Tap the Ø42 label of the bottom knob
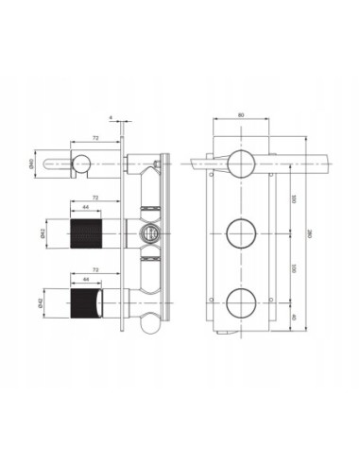coord(58,303)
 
